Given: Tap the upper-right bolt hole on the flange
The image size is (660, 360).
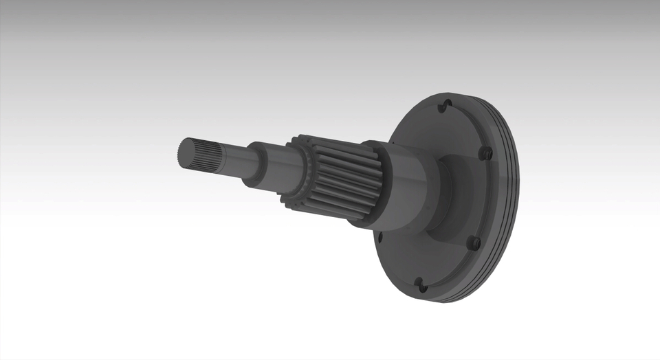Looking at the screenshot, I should click(486, 153).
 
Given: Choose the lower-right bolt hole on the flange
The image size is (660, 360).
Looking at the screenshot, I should click(473, 243).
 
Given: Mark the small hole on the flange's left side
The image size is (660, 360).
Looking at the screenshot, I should click(380, 238).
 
